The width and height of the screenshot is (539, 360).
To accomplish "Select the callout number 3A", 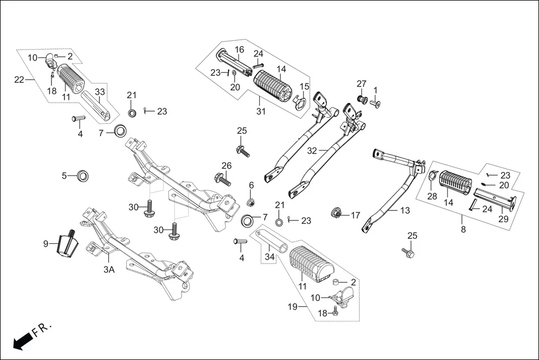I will [x=109, y=269].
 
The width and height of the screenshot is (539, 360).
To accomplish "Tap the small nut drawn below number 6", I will [x=251, y=201].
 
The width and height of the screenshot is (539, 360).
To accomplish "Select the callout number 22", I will [x=20, y=80].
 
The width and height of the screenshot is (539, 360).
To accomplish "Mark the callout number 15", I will [x=304, y=86].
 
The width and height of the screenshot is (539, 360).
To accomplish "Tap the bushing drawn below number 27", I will [x=361, y=100].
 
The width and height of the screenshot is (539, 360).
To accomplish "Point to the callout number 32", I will [x=312, y=151].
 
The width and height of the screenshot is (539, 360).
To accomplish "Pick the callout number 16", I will [x=239, y=50].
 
